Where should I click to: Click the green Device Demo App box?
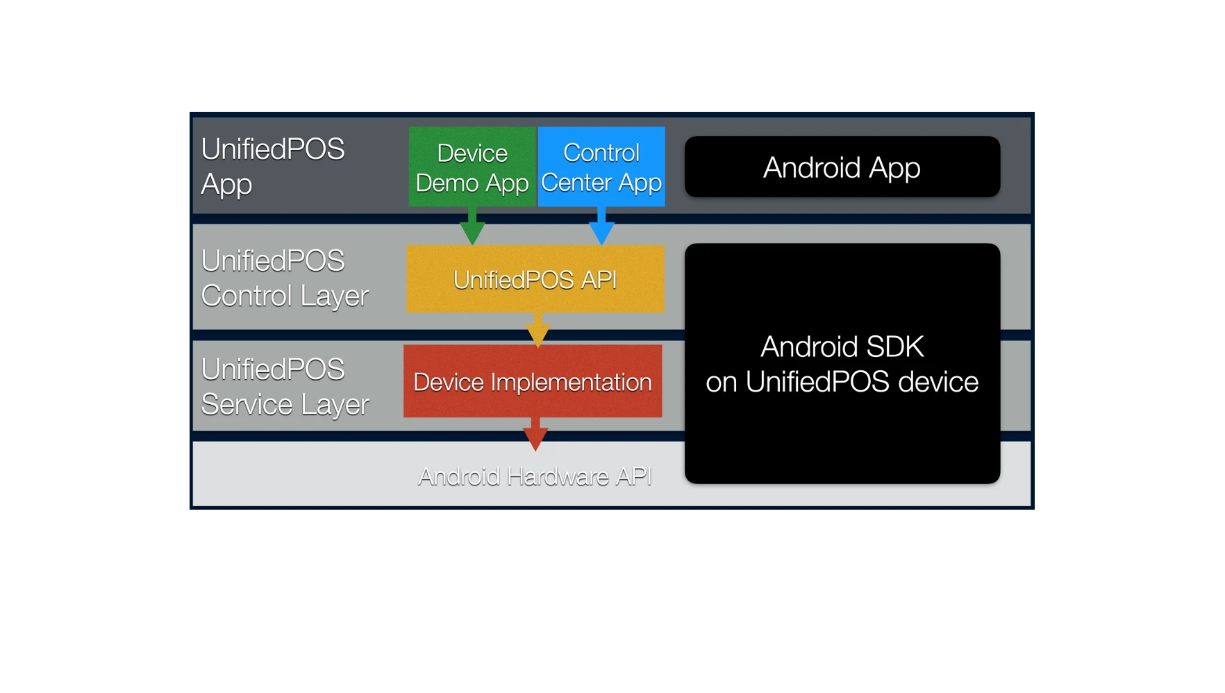click(x=472, y=167)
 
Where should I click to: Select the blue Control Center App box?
click(x=601, y=167)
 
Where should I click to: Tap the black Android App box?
click(x=842, y=167)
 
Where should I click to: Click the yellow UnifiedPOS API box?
click(x=535, y=279)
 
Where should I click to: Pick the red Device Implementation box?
click(x=533, y=381)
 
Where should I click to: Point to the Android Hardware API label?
click(x=535, y=476)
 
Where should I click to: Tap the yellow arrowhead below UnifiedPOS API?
click(x=537, y=334)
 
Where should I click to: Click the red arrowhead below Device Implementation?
click(x=535, y=437)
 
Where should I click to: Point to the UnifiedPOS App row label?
click(x=272, y=167)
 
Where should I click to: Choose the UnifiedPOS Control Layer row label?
click(x=285, y=278)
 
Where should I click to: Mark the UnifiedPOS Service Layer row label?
click(x=285, y=387)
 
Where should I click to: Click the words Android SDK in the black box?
click(x=842, y=346)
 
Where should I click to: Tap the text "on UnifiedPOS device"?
click(x=842, y=382)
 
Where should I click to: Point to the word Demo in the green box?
click(x=447, y=183)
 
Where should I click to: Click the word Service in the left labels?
click(x=246, y=404)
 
